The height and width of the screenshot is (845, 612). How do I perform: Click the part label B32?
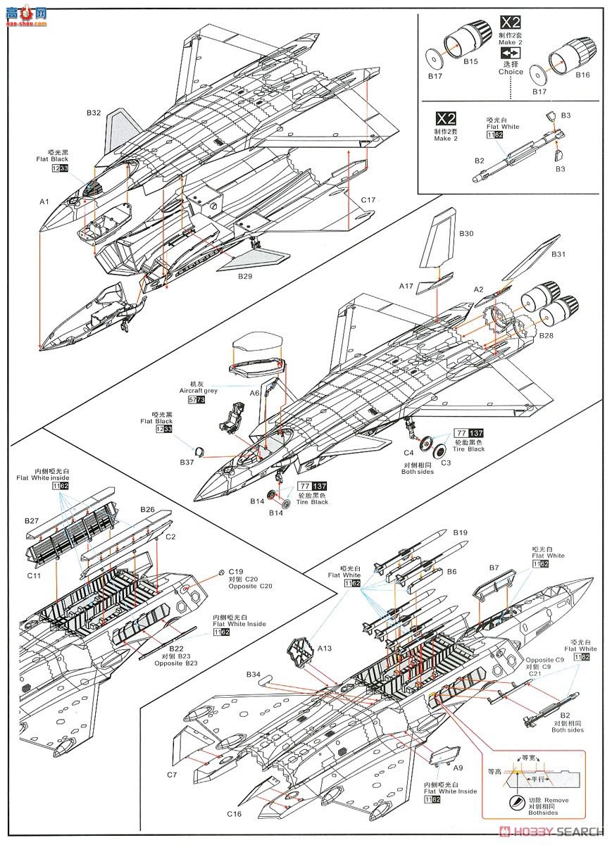pyautogui.click(x=94, y=113)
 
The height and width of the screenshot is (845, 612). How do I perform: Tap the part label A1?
pyautogui.click(x=44, y=201)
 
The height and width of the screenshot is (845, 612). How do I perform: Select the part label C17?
pyautogui.click(x=368, y=200)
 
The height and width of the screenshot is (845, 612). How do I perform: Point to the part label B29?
pyautogui.click(x=245, y=277)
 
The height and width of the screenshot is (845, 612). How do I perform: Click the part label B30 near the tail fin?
pyautogui.click(x=467, y=233)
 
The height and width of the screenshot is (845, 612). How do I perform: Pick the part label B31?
pyautogui.click(x=559, y=254)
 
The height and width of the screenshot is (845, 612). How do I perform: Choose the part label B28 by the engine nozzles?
pyautogui.click(x=547, y=336)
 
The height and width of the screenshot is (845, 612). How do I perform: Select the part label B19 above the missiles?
pyautogui.click(x=461, y=532)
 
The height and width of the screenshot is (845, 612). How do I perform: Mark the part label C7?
pyautogui.click(x=172, y=775)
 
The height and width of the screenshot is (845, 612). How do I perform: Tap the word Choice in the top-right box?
pyautogui.click(x=511, y=72)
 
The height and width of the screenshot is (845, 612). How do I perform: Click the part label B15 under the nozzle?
pyautogui.click(x=470, y=63)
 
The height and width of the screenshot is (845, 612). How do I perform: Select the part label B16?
pyautogui.click(x=582, y=75)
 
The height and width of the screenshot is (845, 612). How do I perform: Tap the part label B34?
pyautogui.click(x=254, y=675)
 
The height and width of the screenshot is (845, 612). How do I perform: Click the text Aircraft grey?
pyautogui.click(x=199, y=389)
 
